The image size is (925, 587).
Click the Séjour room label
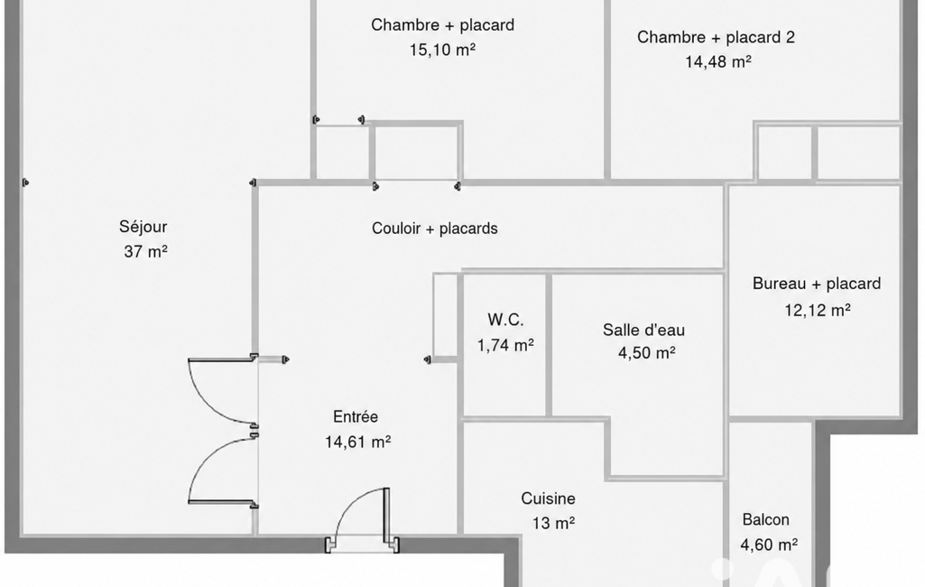coord(143,228)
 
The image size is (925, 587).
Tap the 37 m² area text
coord(145,252)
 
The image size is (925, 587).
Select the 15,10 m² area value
coord(442,50)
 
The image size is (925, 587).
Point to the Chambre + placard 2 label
coord(716,37)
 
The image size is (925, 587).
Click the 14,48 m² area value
coord(718,61)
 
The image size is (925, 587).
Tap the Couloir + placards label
coord(435,228)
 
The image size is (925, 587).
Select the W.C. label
coord(505,320)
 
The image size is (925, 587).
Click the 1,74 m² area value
coord(505,345)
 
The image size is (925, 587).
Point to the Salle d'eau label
coord(643,330)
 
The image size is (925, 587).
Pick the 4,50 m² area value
coord(646,353)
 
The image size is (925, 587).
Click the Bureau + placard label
coord(817,284)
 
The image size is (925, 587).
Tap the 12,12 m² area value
coord(817,310)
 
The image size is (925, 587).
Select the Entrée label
coord(356,417)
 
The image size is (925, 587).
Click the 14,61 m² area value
coord(357,442)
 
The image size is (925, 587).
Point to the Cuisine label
coord(548,498)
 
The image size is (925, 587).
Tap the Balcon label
coord(766,519)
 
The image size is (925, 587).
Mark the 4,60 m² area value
coord(769,545)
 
